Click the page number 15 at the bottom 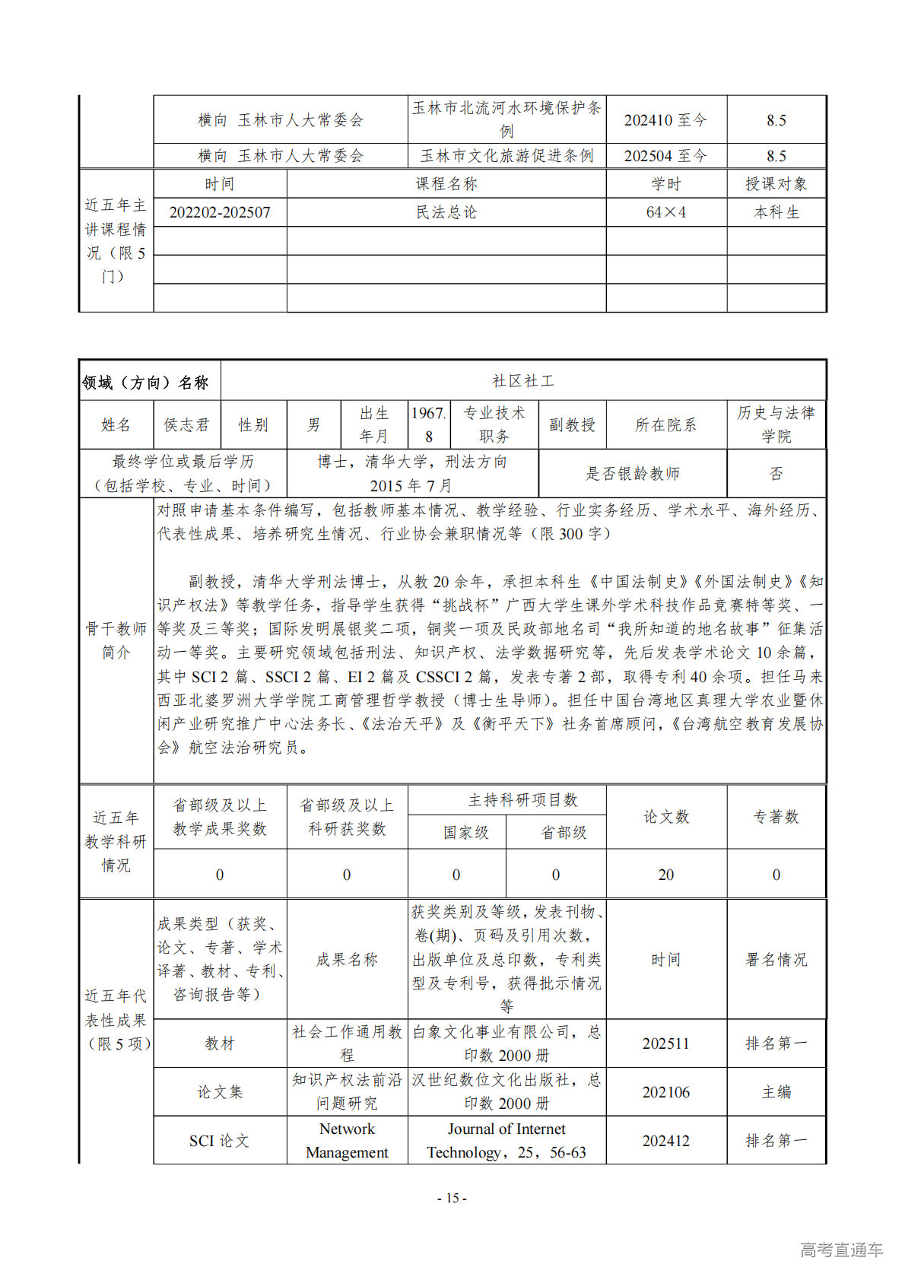pyautogui.click(x=452, y=1198)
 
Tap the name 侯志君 pyautogui.click(x=186, y=425)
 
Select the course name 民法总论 pyautogui.click(x=446, y=212)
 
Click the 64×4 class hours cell pyautogui.click(x=666, y=212)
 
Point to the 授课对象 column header pyautogui.click(x=776, y=184)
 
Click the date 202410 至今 pyautogui.click(x=665, y=120)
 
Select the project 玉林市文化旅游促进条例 pyautogui.click(x=506, y=156)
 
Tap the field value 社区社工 pyautogui.click(x=523, y=381)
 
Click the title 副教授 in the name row pyautogui.click(x=572, y=425)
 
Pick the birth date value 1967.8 pyautogui.click(x=429, y=424)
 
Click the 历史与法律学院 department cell pyautogui.click(x=776, y=424)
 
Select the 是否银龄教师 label pyautogui.click(x=632, y=474)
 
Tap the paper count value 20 pyautogui.click(x=666, y=875)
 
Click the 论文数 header pyautogui.click(x=666, y=817)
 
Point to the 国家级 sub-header pyautogui.click(x=465, y=833)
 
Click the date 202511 pyautogui.click(x=666, y=1043)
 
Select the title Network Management pyautogui.click(x=347, y=1140)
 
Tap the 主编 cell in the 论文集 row pyautogui.click(x=776, y=1092)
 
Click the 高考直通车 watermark pyautogui.click(x=841, y=1250)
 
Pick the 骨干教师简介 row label pyautogui.click(x=116, y=640)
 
